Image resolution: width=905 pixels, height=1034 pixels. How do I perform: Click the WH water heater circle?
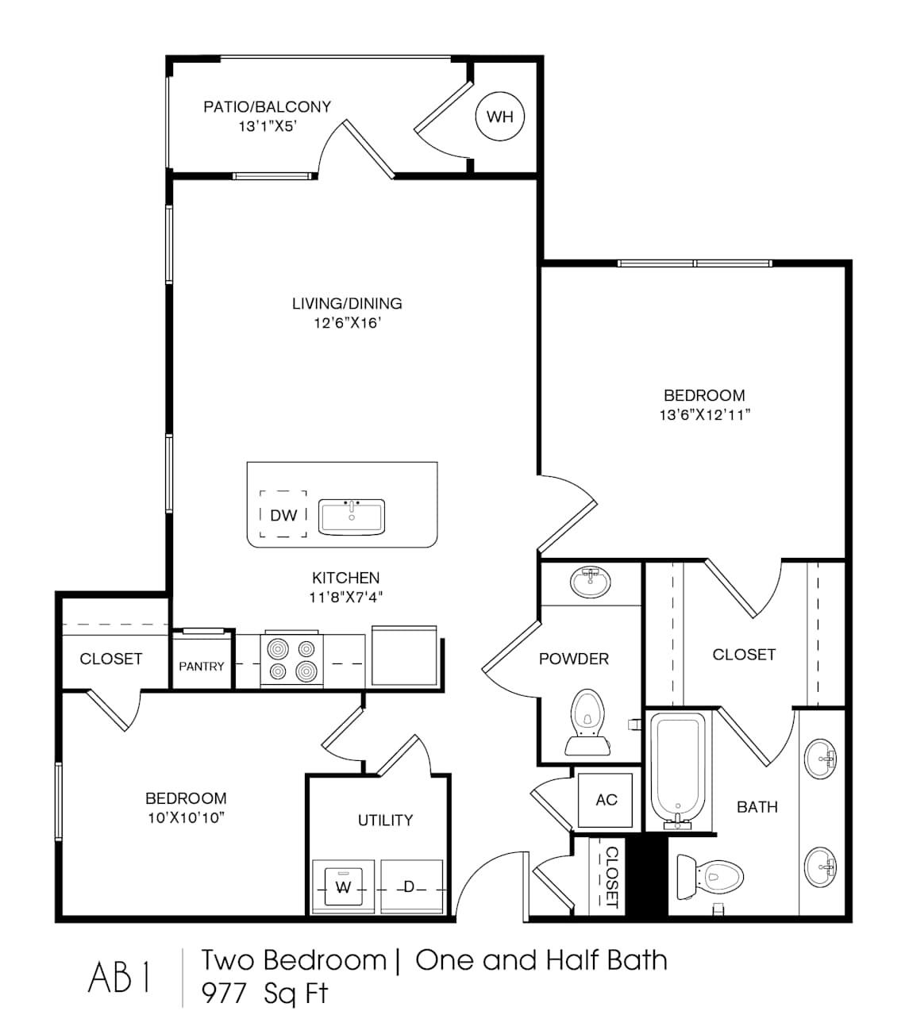500,117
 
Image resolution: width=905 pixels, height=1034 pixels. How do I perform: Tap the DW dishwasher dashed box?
283,514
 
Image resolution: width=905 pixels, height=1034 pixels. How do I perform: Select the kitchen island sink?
352,516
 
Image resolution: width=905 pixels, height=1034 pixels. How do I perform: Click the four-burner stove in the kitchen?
292,660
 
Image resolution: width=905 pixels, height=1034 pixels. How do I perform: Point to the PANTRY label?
202,666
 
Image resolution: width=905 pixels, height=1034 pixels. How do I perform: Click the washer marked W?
343,887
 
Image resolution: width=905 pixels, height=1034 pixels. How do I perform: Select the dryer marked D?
410,887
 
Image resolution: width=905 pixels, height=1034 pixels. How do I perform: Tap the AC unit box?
606,800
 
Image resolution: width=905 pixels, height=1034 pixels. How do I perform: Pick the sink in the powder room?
590,582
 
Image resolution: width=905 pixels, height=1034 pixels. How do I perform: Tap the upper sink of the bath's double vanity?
820,759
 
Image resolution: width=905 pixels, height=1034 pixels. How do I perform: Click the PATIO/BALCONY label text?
267,106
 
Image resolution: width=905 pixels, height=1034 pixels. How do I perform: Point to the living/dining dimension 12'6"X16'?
348,323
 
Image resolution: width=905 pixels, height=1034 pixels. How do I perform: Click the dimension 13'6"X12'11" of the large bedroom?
704,414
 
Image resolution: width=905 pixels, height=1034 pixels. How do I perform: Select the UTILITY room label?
385,820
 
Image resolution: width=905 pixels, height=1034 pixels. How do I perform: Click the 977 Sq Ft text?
264,993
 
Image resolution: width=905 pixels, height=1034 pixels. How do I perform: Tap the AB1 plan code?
119,978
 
